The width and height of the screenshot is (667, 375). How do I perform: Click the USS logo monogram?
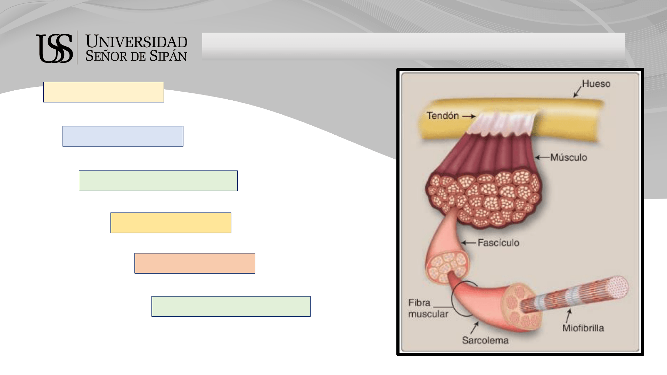tap(55, 48)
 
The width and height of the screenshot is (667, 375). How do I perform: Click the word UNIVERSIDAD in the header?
tap(137, 42)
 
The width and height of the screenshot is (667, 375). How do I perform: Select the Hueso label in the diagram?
tap(596, 84)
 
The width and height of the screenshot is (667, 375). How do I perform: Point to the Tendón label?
tap(443, 116)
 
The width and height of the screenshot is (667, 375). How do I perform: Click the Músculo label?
tap(569, 157)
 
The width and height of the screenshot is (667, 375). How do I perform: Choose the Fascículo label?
tap(499, 242)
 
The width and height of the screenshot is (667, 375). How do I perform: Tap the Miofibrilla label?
tap(583, 328)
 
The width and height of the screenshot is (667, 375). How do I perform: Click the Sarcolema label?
tap(485, 340)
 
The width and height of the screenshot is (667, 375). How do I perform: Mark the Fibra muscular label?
tap(428, 308)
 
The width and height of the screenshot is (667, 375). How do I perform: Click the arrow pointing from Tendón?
tap(469, 116)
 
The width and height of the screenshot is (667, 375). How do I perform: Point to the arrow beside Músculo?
tap(542, 158)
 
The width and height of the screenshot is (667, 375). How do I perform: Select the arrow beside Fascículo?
tap(469, 243)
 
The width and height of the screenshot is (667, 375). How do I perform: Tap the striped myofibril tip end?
tap(617, 288)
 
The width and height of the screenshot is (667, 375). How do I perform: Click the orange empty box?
tap(195, 263)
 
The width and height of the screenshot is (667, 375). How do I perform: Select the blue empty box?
tap(123, 136)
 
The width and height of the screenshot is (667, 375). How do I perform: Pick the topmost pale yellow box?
tap(104, 92)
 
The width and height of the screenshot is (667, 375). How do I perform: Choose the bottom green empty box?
tap(231, 306)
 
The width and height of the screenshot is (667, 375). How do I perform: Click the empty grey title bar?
tap(413, 47)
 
